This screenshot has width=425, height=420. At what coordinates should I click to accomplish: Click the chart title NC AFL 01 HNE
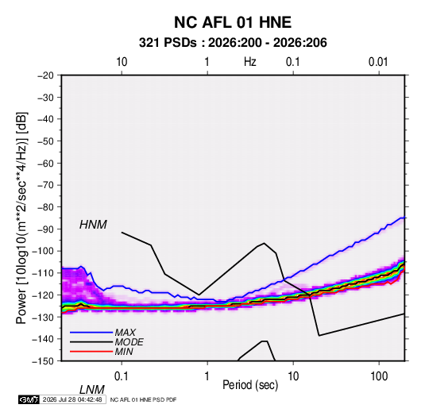point(233,22)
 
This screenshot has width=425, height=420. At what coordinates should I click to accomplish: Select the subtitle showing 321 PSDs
point(233,43)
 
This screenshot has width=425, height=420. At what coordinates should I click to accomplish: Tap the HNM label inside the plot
point(93,225)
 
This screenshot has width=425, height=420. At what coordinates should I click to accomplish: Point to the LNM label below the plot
point(92,390)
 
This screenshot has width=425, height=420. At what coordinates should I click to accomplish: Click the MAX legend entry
point(126,332)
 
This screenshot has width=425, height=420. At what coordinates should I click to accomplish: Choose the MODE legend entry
point(129,342)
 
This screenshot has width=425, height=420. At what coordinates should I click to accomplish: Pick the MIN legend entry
point(124,352)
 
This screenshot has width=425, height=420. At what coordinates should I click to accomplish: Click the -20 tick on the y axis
point(45,75)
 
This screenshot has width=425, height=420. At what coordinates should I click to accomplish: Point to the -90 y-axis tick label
point(45,229)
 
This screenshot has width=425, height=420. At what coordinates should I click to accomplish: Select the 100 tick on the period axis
point(379,376)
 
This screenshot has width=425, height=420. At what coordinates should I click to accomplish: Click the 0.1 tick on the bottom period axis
point(122,376)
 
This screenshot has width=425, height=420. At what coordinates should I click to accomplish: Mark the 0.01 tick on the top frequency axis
point(378,62)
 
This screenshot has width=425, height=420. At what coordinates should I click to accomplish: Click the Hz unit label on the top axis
point(250,62)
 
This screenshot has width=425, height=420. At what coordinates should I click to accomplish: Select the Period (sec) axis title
point(250,385)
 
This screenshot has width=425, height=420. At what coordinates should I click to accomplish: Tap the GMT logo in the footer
point(29,399)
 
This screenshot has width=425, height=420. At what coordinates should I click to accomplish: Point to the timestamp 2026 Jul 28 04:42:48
point(72,399)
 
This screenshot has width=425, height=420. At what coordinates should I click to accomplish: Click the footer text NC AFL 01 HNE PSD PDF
point(143,399)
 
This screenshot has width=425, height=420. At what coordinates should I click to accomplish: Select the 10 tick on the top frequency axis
point(122,62)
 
